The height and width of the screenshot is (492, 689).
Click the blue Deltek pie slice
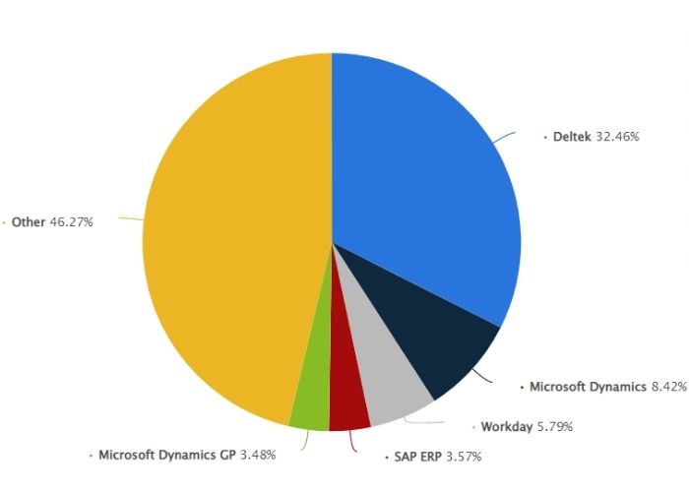(x=423, y=177)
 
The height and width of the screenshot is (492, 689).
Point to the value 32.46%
(x=617, y=137)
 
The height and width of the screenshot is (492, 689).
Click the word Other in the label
(x=29, y=222)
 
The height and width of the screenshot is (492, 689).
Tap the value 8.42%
(x=666, y=387)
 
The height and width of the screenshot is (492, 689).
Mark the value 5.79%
(x=553, y=427)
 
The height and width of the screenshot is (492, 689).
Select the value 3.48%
(x=254, y=455)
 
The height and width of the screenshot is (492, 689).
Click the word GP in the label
(x=220, y=455)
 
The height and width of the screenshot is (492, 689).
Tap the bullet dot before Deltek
(x=545, y=138)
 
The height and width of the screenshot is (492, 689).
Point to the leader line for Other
(x=130, y=218)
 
